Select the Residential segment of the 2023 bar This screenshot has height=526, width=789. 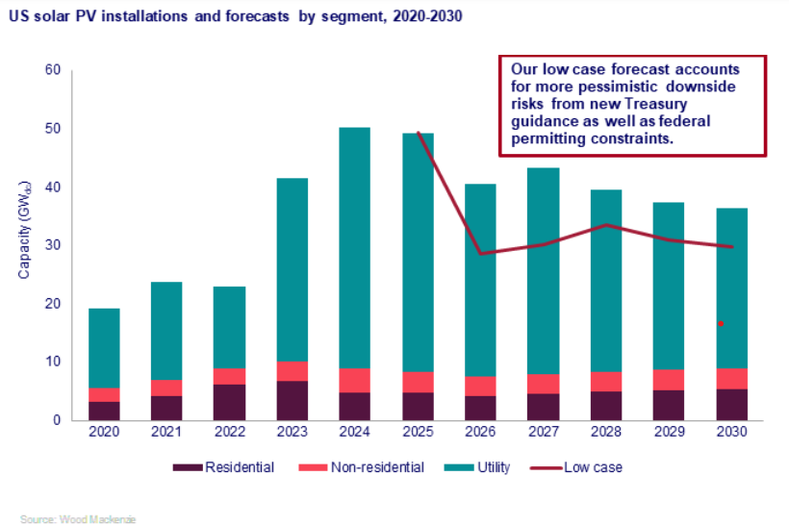tap(293, 400)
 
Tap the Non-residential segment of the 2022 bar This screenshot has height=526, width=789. tap(230, 376)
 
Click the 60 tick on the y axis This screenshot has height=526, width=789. tap(52, 70)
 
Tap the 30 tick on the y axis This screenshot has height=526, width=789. tap(52, 245)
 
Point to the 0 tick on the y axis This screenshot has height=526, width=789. tap(56, 420)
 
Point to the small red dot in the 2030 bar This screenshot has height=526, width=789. tap(721, 324)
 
